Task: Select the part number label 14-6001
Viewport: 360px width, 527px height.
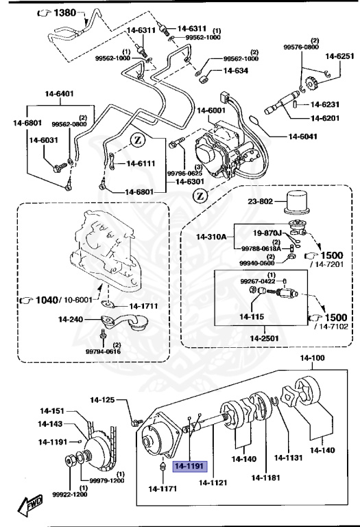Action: tap(211, 110)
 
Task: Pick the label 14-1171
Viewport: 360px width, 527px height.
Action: tap(163, 489)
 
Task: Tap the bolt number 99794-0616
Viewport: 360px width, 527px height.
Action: tap(103, 351)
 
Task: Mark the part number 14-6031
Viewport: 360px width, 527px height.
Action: tap(44, 140)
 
